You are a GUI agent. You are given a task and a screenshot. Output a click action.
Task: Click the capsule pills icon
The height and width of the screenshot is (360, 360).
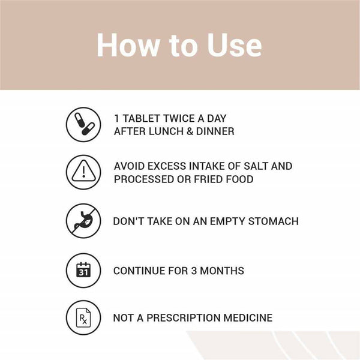(x=83, y=124)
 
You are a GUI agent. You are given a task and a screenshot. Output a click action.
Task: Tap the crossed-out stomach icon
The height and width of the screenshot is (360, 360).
(x=83, y=221)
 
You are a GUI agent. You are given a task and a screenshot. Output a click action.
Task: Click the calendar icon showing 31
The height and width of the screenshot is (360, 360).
(x=83, y=270)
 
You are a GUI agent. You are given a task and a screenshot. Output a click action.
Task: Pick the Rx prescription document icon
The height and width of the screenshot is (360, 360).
(x=83, y=317)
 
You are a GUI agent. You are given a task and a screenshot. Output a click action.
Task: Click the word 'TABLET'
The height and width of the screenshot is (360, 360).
(x=141, y=118)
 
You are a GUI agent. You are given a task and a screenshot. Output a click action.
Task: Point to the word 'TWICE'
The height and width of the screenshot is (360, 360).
(x=179, y=118)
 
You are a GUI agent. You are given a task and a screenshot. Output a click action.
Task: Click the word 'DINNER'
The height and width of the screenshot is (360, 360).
(x=215, y=131)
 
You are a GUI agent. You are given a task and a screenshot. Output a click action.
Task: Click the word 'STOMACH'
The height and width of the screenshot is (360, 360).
(x=274, y=221)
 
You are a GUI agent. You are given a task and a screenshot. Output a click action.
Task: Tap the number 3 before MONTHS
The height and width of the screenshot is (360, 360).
(x=194, y=271)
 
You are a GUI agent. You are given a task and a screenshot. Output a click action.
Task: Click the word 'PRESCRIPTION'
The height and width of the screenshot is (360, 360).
(x=183, y=318)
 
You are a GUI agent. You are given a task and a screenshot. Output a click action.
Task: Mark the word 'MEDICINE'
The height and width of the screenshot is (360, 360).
(x=248, y=318)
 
